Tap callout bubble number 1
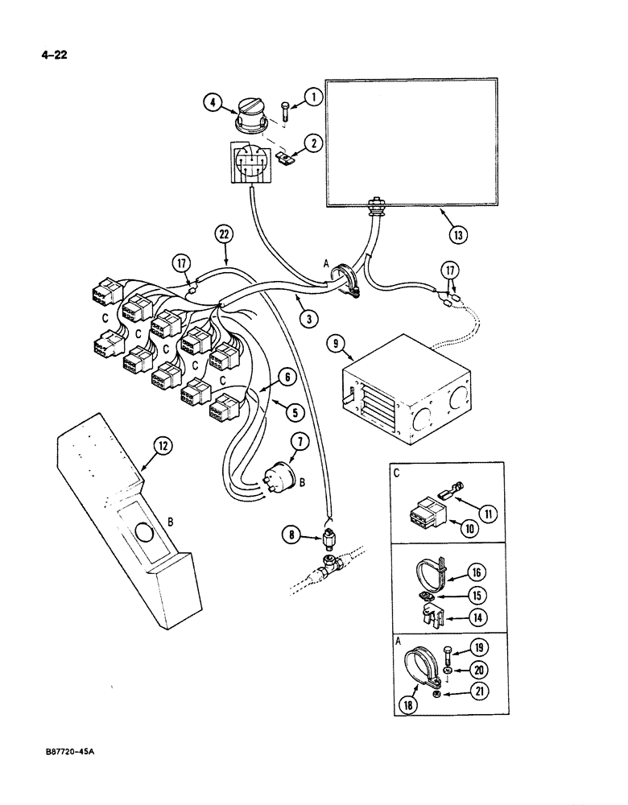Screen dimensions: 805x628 (313, 97)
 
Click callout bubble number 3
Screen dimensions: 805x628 (306, 319)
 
